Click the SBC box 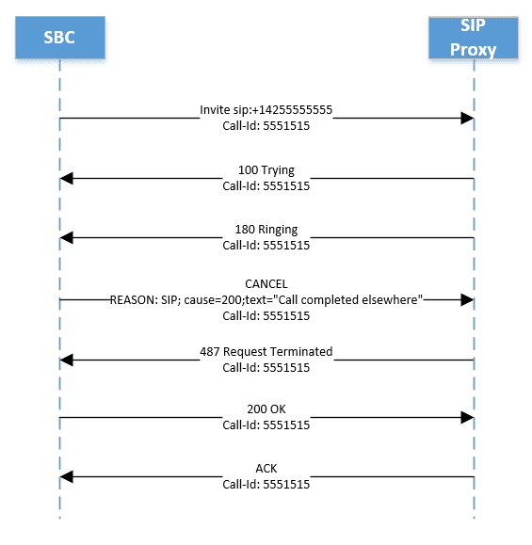point(59,38)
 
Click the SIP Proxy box point(474,38)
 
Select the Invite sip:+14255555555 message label point(266,110)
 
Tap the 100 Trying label point(266,170)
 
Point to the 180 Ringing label point(266,230)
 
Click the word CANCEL point(266,283)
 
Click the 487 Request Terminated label point(266,351)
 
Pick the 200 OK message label point(266,410)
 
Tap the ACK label point(266,469)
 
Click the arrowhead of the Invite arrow point(466,119)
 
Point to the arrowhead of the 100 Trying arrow point(67,179)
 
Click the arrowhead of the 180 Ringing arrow point(67,239)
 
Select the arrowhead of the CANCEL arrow point(466,299)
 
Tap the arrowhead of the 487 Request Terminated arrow point(67,360)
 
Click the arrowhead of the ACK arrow point(67,478)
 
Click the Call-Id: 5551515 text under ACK point(266,485)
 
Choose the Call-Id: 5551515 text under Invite point(266,125)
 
